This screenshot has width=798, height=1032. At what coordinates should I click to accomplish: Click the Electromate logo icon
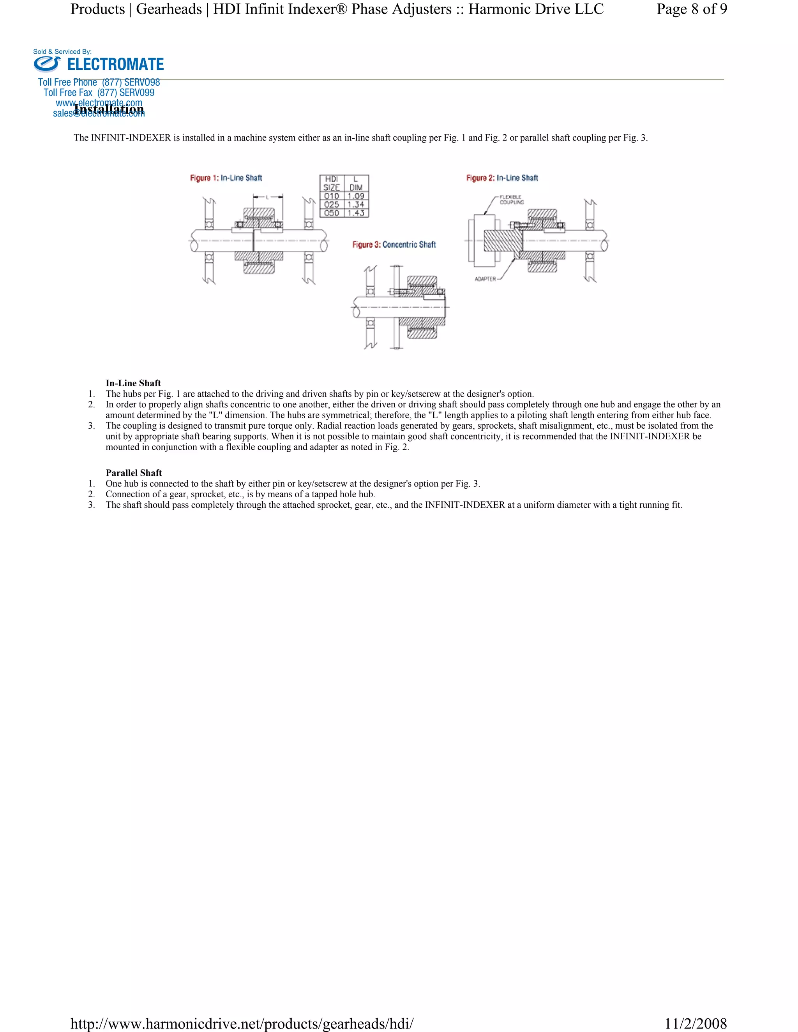coord(47,64)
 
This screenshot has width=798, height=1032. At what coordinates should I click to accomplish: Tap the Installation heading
coord(109,109)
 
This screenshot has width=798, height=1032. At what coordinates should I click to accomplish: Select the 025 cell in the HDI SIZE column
coord(332,204)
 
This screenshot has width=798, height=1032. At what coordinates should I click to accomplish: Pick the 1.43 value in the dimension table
coord(356,213)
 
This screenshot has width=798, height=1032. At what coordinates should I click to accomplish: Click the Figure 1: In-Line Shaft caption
coord(226,178)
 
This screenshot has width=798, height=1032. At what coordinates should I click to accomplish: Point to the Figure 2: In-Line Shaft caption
coord(502,178)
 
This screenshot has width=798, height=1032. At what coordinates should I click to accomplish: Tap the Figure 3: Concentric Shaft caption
coord(394,245)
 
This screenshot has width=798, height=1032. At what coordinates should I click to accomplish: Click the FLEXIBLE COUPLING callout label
coord(511,199)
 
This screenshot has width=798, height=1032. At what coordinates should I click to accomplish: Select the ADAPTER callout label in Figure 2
coord(485,279)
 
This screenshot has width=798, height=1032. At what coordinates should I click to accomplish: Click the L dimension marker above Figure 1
coord(268,197)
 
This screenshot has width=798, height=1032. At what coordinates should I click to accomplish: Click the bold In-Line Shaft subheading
coord(133,383)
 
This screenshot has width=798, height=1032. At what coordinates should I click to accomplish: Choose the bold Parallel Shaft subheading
coord(134,473)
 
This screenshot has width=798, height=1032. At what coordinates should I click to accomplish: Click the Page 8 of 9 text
coord(691,9)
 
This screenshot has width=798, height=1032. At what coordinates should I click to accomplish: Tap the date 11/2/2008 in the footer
coord(696,1023)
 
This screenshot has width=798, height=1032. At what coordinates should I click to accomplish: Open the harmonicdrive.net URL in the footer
coord(242,1023)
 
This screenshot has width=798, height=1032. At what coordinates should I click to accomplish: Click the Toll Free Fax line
coord(99,93)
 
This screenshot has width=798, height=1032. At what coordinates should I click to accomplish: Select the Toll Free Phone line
coord(99,82)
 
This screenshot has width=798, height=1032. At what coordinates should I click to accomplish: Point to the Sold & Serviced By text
coord(62,51)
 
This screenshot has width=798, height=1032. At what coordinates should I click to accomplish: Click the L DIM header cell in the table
coord(356,183)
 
